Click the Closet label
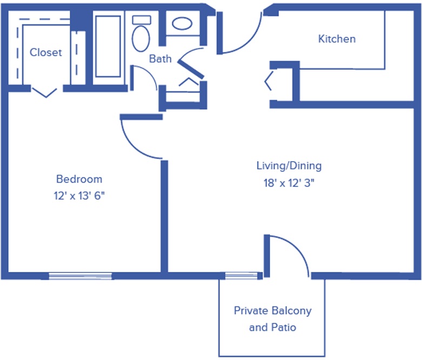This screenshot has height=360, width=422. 45,52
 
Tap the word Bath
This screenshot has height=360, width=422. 160,59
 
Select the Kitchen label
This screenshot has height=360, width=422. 337,39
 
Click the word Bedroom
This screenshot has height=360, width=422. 79,179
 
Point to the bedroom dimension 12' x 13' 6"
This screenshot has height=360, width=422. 79,196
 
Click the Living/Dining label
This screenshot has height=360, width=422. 289,166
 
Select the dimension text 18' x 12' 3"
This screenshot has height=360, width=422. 289,183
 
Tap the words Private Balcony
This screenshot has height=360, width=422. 273,311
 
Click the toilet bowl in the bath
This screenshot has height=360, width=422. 141,38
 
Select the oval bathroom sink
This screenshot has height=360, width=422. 182,23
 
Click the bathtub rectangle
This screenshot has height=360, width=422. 108,46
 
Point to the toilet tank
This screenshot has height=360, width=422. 142,20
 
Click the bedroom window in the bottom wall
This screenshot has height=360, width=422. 80,276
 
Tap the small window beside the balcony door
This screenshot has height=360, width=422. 241,276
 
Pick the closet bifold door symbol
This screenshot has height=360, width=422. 45,92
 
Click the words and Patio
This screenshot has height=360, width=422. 273,328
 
